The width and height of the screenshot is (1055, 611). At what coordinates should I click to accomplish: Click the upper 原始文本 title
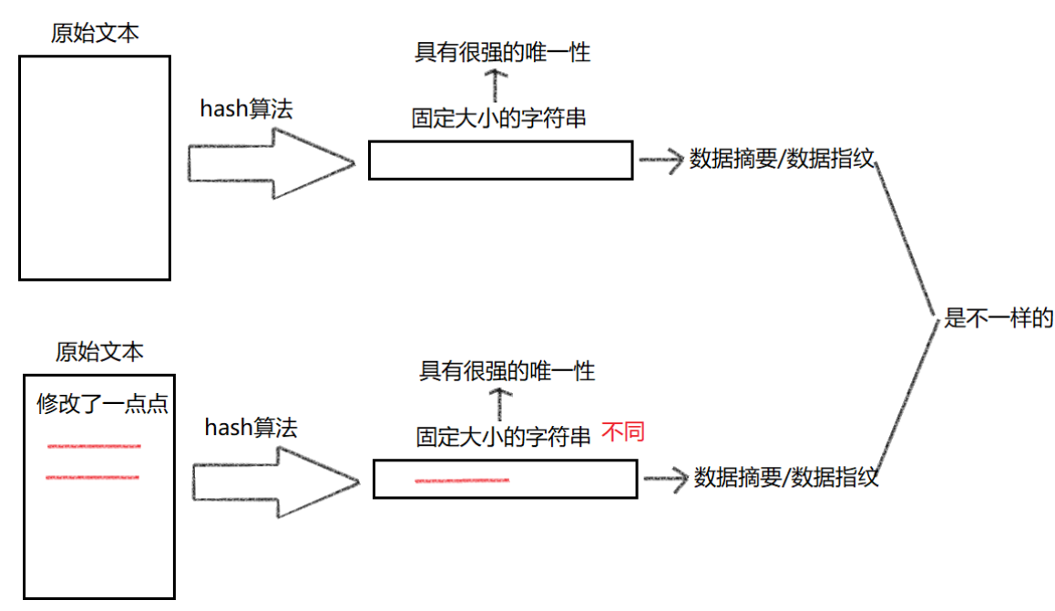(x=96, y=34)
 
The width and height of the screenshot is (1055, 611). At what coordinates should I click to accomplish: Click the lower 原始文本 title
(x=99, y=351)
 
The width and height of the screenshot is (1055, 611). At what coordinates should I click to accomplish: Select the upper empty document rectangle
(x=95, y=168)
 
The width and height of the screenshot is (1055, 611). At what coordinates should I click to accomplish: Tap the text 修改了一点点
(x=102, y=404)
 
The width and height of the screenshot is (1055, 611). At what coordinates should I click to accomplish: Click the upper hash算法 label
(x=246, y=109)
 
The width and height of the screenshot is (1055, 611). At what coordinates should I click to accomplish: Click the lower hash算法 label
(x=251, y=427)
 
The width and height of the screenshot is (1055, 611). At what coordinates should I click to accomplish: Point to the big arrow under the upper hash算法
(x=270, y=163)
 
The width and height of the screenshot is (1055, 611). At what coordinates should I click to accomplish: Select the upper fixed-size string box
(x=500, y=161)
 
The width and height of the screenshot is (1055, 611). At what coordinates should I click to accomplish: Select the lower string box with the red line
(x=505, y=479)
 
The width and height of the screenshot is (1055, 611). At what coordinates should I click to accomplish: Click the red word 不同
(x=623, y=431)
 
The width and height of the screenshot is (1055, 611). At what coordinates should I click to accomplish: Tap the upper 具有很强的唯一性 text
(x=503, y=52)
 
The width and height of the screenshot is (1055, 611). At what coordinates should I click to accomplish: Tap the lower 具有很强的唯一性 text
(x=507, y=371)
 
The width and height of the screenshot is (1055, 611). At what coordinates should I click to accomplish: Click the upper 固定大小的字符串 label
(x=498, y=119)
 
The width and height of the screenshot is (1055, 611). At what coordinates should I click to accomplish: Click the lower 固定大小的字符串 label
(x=503, y=437)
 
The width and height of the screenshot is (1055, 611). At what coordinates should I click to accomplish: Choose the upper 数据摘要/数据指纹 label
(x=782, y=159)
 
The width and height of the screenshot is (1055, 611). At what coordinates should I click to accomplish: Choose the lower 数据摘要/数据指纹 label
(x=786, y=477)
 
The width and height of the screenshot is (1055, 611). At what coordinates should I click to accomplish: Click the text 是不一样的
(x=999, y=318)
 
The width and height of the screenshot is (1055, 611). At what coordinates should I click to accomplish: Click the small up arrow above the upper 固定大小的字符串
(x=494, y=85)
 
